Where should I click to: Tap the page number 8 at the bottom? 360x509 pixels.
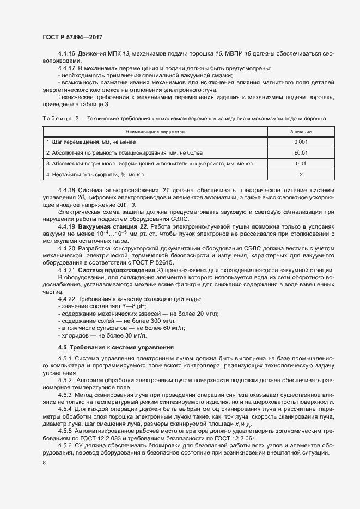[44, 463]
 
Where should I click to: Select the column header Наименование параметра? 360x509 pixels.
[155, 132]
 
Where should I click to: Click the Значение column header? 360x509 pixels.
[301, 132]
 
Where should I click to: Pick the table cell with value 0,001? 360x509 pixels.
[301, 142]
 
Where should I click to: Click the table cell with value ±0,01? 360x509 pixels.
[301, 152]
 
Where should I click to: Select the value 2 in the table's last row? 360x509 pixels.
[301, 174]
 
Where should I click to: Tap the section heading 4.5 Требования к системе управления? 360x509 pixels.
[115, 347]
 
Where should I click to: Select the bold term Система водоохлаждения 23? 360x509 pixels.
[117, 270]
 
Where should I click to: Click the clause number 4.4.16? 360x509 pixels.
[66, 54]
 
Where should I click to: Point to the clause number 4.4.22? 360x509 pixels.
[66, 299]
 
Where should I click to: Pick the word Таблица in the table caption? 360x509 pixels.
[56, 118]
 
